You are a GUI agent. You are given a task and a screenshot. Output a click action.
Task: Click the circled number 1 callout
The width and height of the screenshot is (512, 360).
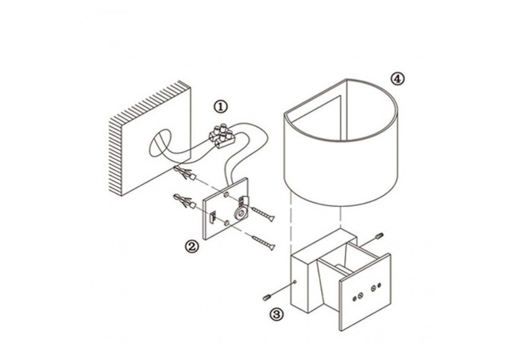220,107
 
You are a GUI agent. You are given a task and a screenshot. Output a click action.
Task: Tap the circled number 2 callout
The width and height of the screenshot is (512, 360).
192,246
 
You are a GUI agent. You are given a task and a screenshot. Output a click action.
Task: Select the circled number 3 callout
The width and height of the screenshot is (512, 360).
276,314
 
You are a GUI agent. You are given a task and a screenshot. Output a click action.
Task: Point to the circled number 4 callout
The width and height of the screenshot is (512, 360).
397,79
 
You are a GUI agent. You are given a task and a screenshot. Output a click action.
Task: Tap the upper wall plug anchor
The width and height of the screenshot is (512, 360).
186,173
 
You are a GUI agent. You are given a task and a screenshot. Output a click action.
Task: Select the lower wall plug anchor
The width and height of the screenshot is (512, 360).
184,202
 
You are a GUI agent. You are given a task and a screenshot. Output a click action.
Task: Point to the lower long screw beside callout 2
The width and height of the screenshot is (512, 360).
263,242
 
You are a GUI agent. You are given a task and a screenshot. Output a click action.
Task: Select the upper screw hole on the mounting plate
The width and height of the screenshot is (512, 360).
226,195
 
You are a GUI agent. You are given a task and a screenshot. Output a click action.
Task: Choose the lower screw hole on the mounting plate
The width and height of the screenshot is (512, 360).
226,223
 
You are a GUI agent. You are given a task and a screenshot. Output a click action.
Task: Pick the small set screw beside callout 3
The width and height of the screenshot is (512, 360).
267,297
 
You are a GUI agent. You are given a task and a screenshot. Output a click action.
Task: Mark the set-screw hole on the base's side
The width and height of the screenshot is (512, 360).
295,281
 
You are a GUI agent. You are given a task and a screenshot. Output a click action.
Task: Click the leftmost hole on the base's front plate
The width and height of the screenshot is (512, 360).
355,298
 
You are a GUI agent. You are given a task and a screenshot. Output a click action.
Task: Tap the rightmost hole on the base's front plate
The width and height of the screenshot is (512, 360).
379,285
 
